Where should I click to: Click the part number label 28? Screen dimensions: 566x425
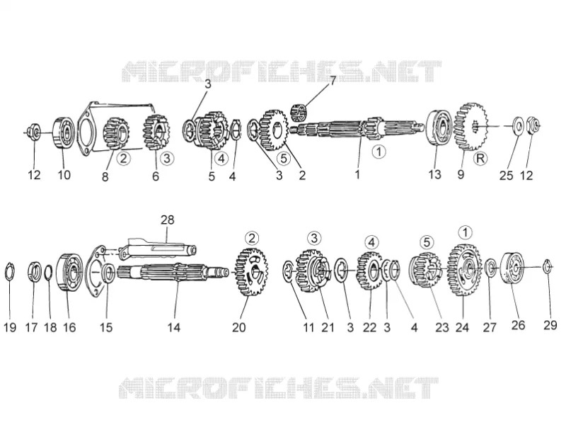pos(167,220)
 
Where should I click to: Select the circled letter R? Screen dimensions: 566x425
pos(480,158)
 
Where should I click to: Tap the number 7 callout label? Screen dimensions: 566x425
pos(333,81)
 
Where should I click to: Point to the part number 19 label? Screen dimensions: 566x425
pos(10,327)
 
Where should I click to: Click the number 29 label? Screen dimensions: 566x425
pos(550,325)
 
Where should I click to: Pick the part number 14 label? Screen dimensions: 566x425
pos(173,327)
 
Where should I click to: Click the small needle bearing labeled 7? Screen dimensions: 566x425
pos(299,112)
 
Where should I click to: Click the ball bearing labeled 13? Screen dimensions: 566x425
pos(437,127)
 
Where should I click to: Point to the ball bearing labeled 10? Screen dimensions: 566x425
pos(64,132)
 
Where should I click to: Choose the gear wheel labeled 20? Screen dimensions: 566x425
pos(251,272)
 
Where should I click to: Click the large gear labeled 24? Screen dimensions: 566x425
pos(465,269)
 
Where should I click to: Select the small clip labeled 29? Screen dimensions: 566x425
pos(548,267)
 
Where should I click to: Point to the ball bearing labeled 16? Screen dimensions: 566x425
pos(70,272)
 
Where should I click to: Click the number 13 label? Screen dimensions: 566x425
pos(434,174)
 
